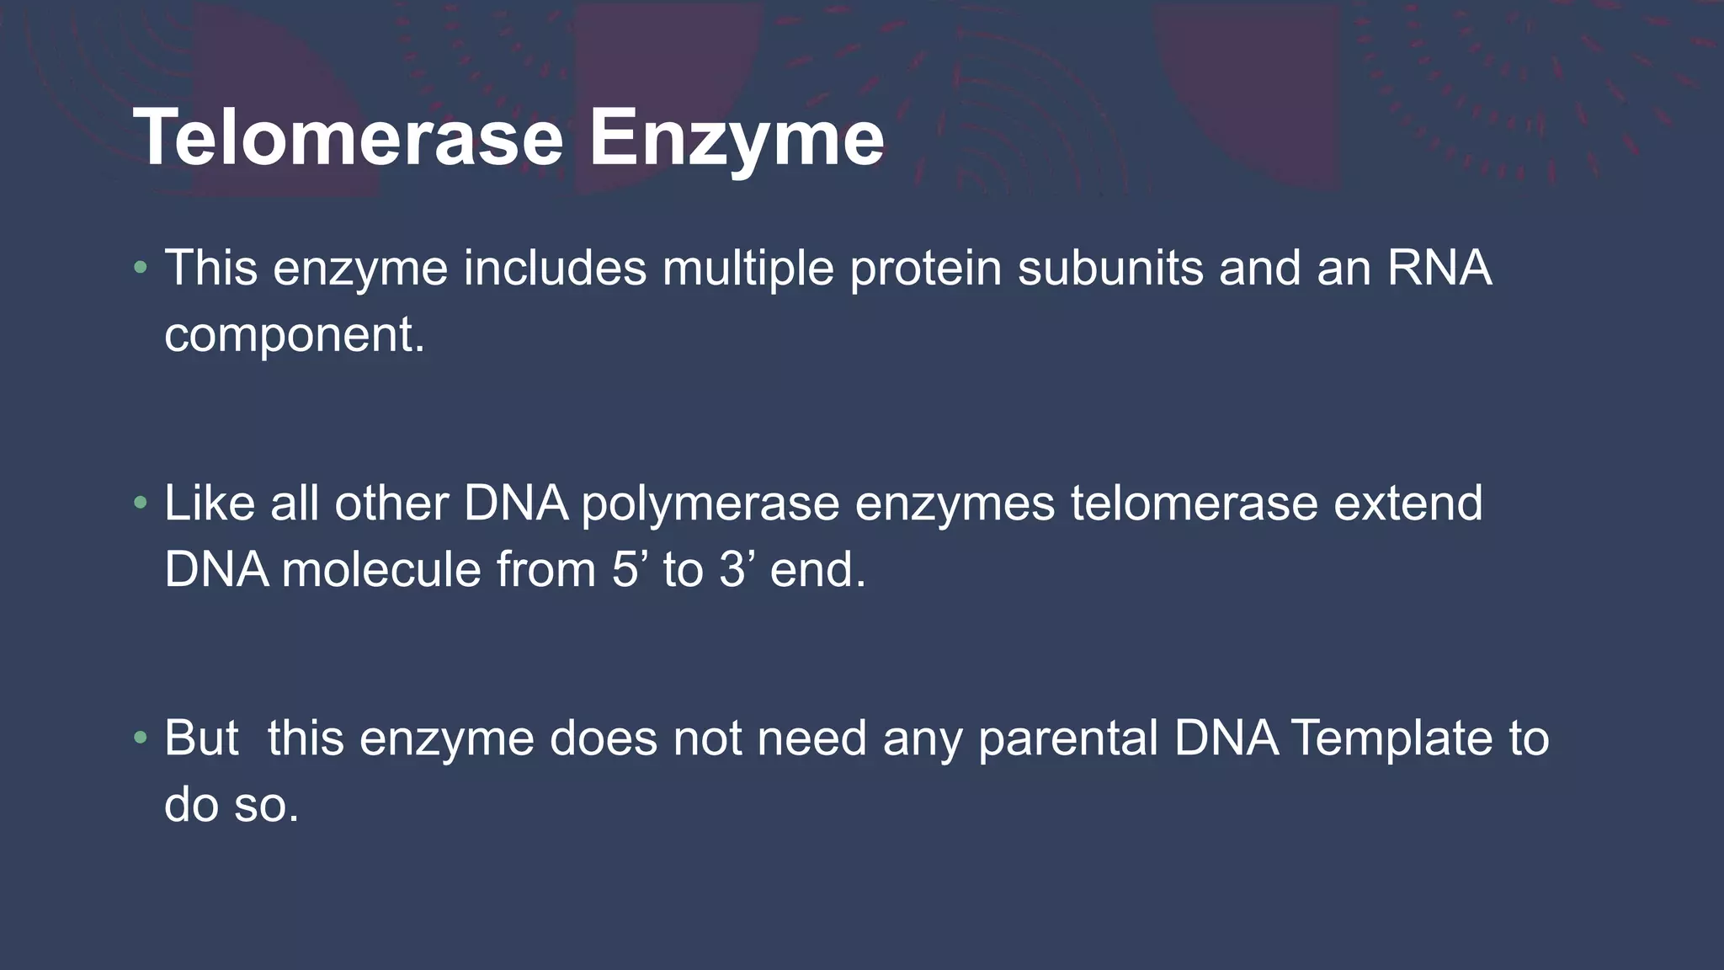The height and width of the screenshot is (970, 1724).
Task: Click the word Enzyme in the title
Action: [x=736, y=139]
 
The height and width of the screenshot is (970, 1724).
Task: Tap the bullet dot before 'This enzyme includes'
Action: [x=141, y=269]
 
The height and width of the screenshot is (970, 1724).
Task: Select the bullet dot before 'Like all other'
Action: [x=141, y=504]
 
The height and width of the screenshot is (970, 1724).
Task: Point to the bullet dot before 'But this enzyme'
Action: [x=141, y=738]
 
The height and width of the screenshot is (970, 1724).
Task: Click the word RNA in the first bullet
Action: [x=1439, y=269]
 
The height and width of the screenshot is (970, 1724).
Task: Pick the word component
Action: [x=294, y=335]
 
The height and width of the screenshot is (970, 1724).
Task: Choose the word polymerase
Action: [x=710, y=504]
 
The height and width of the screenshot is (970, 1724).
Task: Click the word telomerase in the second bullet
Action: [x=1194, y=504]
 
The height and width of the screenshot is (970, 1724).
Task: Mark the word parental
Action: [x=1069, y=738]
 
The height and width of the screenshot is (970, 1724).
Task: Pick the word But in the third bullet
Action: [x=201, y=738]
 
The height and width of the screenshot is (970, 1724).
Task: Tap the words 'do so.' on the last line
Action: [x=231, y=805]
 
